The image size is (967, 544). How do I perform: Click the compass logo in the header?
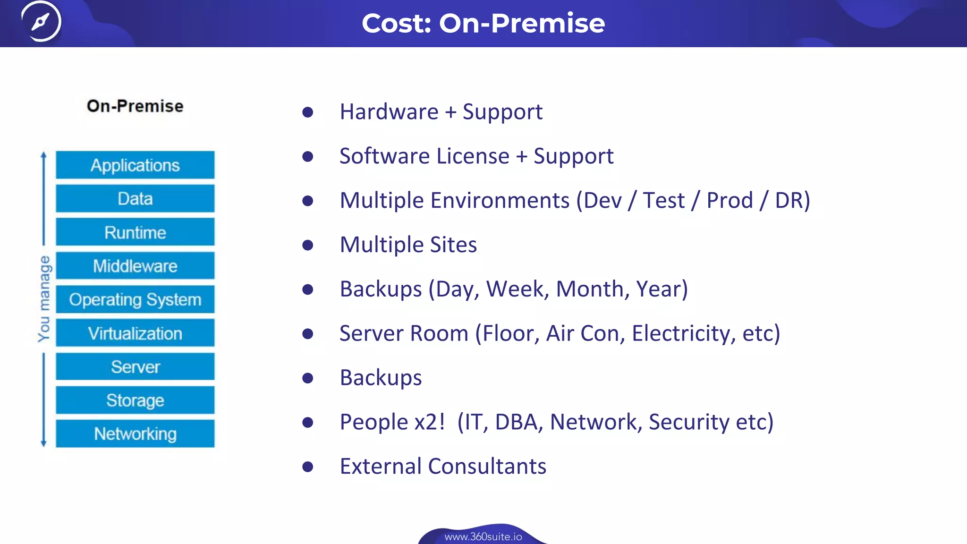[x=41, y=21]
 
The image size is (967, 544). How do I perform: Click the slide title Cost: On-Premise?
[x=483, y=23]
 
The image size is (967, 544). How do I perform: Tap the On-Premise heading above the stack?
[x=135, y=106]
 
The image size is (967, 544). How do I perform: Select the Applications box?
[x=135, y=165]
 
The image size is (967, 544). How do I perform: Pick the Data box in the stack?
[x=135, y=199]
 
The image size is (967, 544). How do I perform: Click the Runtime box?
[x=135, y=232]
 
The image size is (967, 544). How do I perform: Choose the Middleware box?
[x=135, y=266]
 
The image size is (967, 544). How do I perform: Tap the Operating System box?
[x=135, y=299]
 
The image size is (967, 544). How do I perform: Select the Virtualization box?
[x=135, y=333]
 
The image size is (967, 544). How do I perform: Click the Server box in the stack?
[x=135, y=367]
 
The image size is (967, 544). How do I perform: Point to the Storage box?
[x=135, y=400]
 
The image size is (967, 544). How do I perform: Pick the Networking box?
[x=135, y=433]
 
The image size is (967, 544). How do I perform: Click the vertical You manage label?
[x=44, y=298]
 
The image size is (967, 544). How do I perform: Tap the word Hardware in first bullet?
[x=389, y=112]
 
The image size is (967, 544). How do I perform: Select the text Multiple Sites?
[x=408, y=245]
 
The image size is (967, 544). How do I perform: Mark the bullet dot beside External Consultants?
[x=308, y=467]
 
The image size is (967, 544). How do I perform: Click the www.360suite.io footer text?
[x=483, y=537]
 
